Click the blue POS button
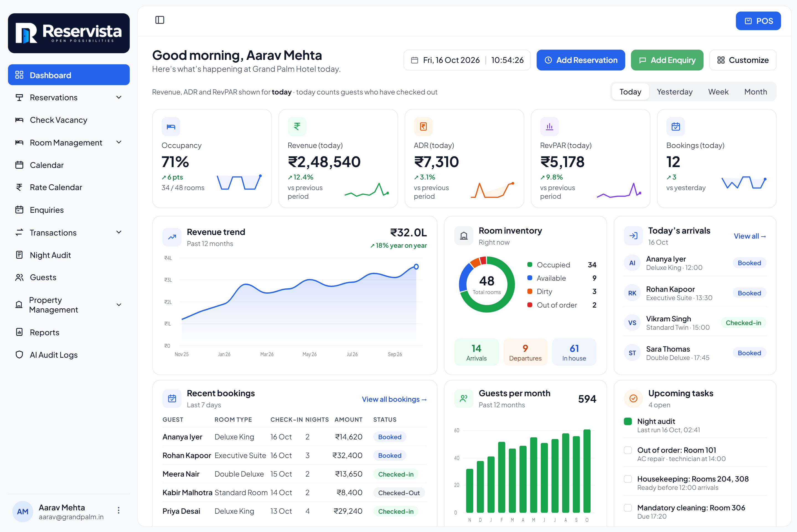tap(758, 21)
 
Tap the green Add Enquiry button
tap(667, 60)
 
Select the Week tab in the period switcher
tap(718, 92)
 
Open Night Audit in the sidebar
tap(50, 255)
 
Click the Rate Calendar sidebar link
tap(56, 187)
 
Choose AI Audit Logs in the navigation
tap(53, 355)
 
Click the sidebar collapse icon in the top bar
tap(160, 20)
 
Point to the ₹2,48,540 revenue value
tap(324, 162)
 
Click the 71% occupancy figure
tap(175, 162)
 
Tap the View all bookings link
tap(394, 399)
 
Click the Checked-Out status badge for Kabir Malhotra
tap(399, 493)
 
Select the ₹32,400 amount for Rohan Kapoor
tap(347, 455)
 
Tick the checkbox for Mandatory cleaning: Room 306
tap(628, 508)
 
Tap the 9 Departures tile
tap(525, 352)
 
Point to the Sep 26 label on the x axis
tap(395, 354)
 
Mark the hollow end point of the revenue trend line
tap(416, 267)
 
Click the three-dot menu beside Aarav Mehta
tap(119, 510)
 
